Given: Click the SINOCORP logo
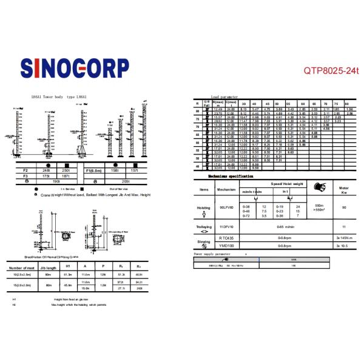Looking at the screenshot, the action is (x=74, y=67).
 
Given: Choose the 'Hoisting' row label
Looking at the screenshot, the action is (x=203, y=207).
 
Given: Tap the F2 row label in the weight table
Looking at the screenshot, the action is (x=25, y=170).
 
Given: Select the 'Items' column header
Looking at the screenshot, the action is (x=203, y=189).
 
